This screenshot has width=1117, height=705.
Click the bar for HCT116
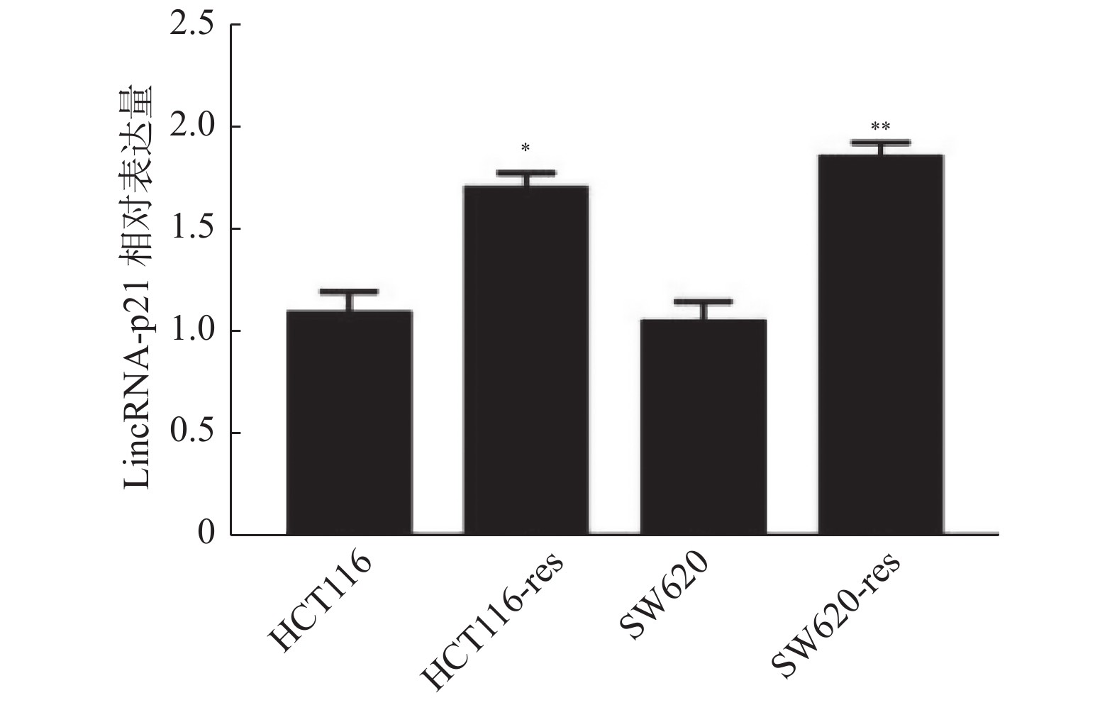pos(349,423)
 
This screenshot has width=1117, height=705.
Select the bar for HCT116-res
pos(526,360)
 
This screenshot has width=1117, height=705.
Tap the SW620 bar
pos(703,427)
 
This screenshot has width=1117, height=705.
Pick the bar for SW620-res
pos(880,345)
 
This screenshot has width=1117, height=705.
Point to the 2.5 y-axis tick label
pos(192,25)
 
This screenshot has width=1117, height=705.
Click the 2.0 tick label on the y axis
pos(192,127)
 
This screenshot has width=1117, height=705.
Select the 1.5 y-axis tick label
pos(192,229)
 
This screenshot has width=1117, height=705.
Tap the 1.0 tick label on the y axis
pos(192,331)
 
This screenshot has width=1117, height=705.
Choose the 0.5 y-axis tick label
pos(192,433)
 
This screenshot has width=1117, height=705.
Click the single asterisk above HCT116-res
pos(526,148)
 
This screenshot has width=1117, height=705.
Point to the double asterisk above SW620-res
pos(880,128)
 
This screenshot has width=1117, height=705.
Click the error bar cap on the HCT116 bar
pos(349,292)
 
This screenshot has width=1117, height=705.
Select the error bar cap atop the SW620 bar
pos(703,301)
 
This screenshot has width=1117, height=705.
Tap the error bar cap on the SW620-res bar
pos(880,142)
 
